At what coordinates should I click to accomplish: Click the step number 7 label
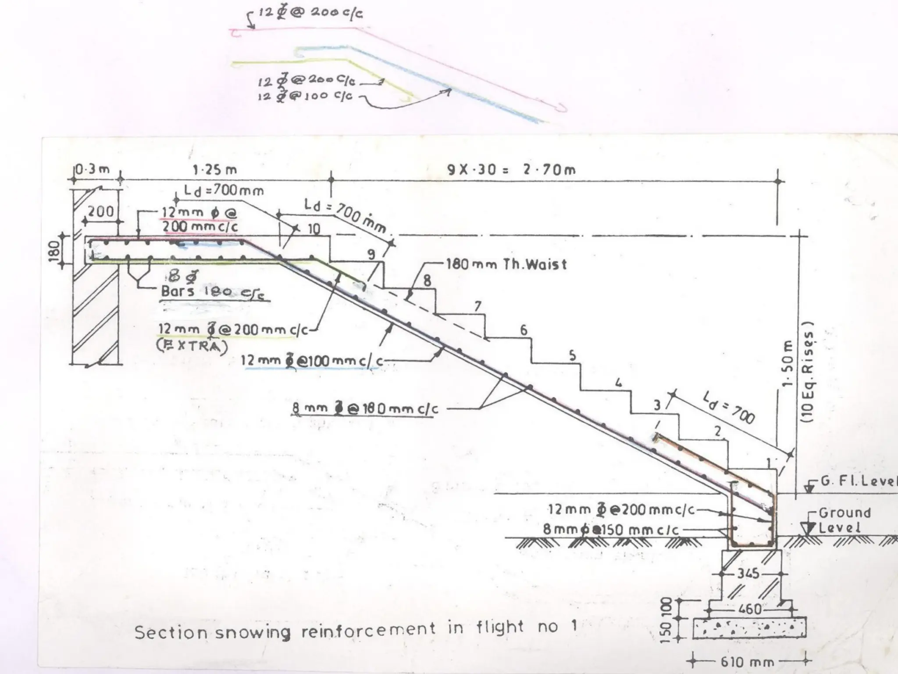[478, 306]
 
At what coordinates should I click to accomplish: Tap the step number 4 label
[618, 383]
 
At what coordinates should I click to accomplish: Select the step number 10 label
[314, 229]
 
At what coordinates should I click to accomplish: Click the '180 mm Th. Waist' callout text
[506, 264]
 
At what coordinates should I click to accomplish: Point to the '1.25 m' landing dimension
[215, 169]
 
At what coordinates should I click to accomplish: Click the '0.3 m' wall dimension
[92, 169]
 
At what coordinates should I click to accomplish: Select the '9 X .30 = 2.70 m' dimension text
[511, 169]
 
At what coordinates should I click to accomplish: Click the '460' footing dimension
[750, 609]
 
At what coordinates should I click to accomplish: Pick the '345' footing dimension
[748, 573]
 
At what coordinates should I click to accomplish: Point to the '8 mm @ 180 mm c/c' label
[365, 409]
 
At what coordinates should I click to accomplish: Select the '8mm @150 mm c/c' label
[611, 530]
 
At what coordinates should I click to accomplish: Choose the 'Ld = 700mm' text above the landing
[224, 190]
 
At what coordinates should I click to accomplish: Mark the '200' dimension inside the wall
[101, 212]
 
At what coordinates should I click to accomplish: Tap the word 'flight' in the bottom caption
[500, 627]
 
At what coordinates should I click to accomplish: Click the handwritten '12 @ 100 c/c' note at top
[305, 96]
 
